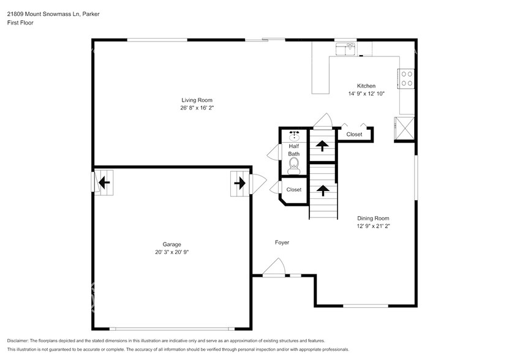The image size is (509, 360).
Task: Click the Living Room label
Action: coord(197,100)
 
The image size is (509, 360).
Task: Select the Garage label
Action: coord(172,244)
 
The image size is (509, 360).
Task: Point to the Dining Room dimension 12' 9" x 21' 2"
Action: coord(373,226)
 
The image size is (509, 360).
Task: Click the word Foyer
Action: coord(282,242)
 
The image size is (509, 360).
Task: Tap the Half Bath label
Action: coord(294,150)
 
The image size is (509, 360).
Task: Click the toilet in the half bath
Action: coord(295,164)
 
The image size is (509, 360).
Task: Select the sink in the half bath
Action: coord(295,135)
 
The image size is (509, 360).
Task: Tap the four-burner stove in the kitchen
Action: coord(406,78)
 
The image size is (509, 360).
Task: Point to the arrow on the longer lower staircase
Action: coord(322,190)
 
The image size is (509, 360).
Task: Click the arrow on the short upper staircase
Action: coord(321,146)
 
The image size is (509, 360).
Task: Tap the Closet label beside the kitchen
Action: coord(354,134)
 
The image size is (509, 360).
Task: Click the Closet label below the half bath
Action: coord(294,190)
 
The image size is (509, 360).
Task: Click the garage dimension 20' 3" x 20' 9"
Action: coord(172,252)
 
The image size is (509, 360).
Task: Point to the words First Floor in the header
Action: coord(20,23)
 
